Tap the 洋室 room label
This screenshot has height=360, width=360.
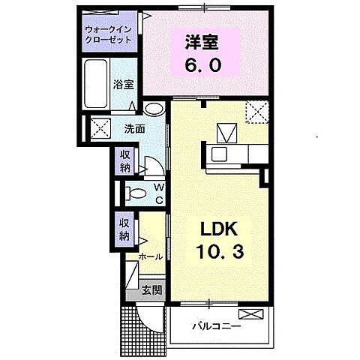[203, 43]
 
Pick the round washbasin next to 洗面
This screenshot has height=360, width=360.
[153, 109]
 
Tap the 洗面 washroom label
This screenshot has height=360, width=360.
[133, 127]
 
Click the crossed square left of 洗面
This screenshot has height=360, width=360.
[99, 127]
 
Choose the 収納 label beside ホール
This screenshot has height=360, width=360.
[124, 228]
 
